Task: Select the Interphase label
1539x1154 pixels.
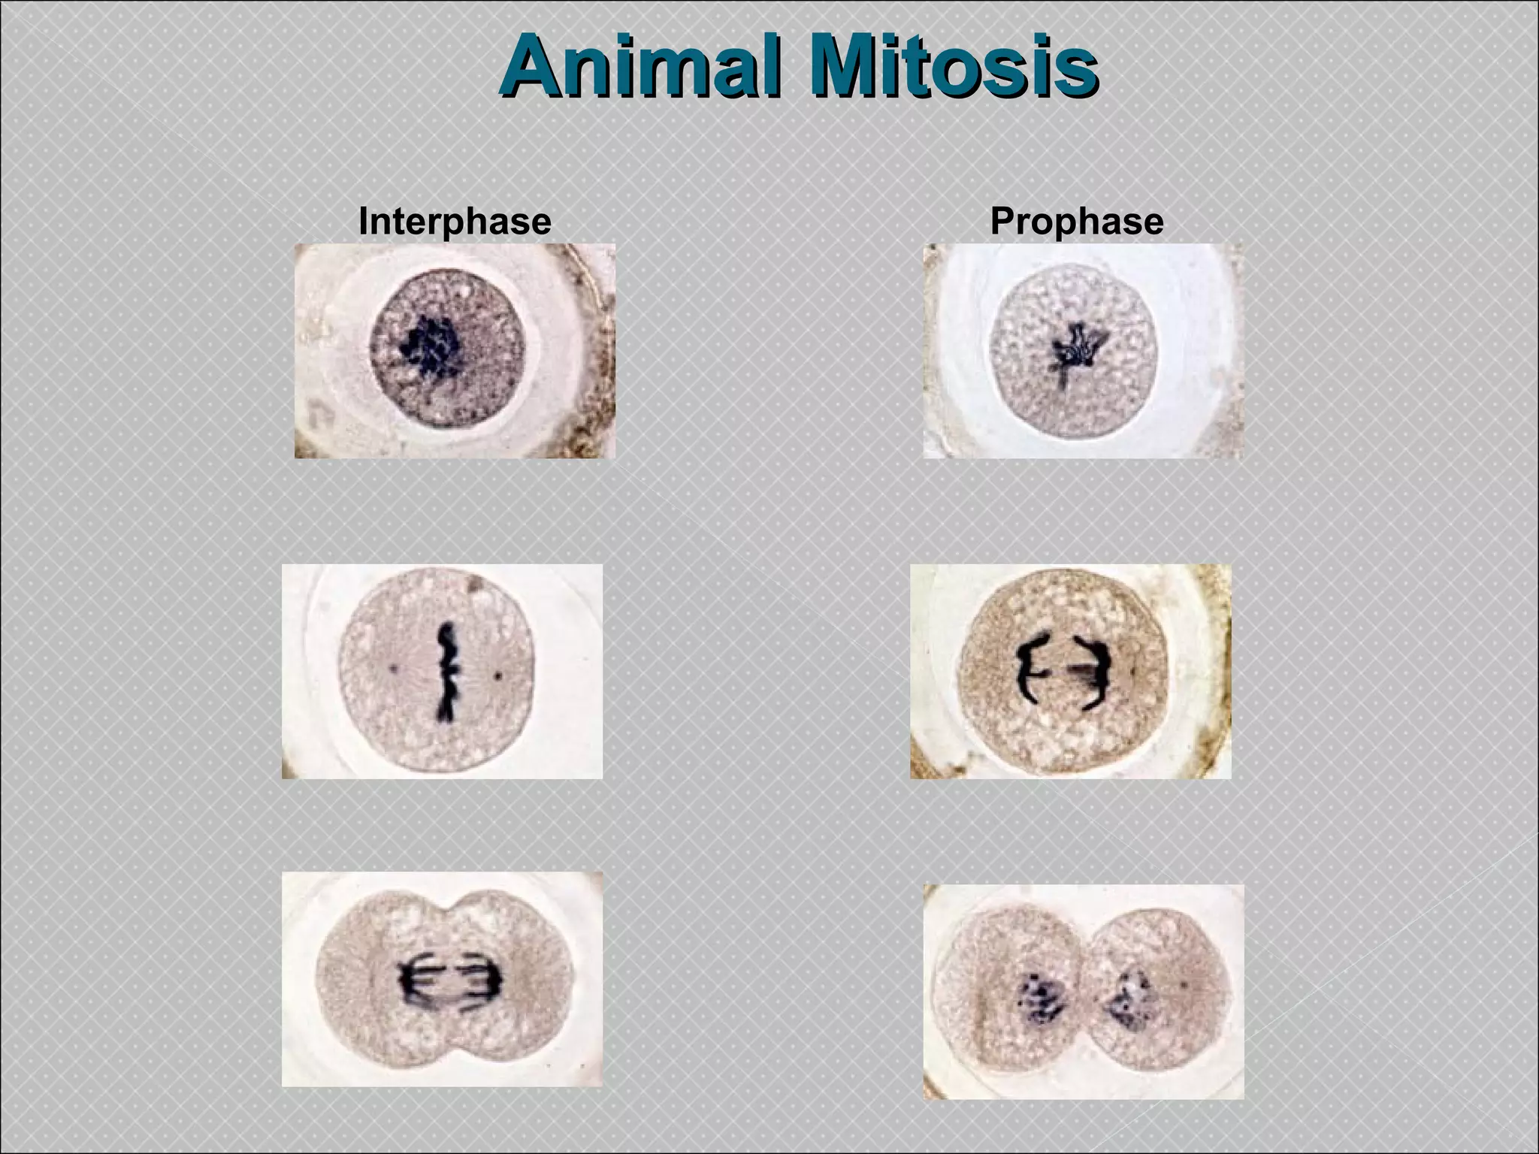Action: (x=455, y=221)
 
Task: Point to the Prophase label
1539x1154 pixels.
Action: (x=1077, y=221)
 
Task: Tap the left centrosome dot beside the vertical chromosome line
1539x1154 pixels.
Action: (x=394, y=666)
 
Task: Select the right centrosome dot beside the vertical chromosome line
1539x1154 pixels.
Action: (x=497, y=676)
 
